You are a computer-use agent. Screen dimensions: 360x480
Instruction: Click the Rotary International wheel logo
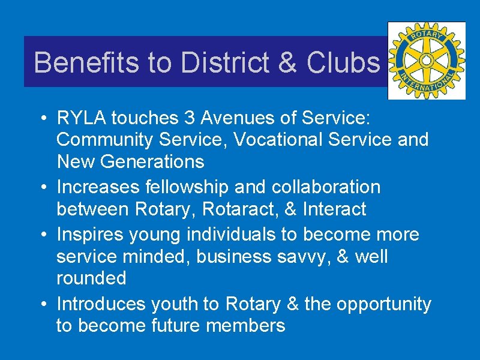(427, 61)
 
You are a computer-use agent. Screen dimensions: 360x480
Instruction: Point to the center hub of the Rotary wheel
(427, 60)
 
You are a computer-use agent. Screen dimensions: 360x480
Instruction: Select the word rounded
(91, 278)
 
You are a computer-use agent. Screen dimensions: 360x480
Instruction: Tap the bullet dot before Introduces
(46, 304)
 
